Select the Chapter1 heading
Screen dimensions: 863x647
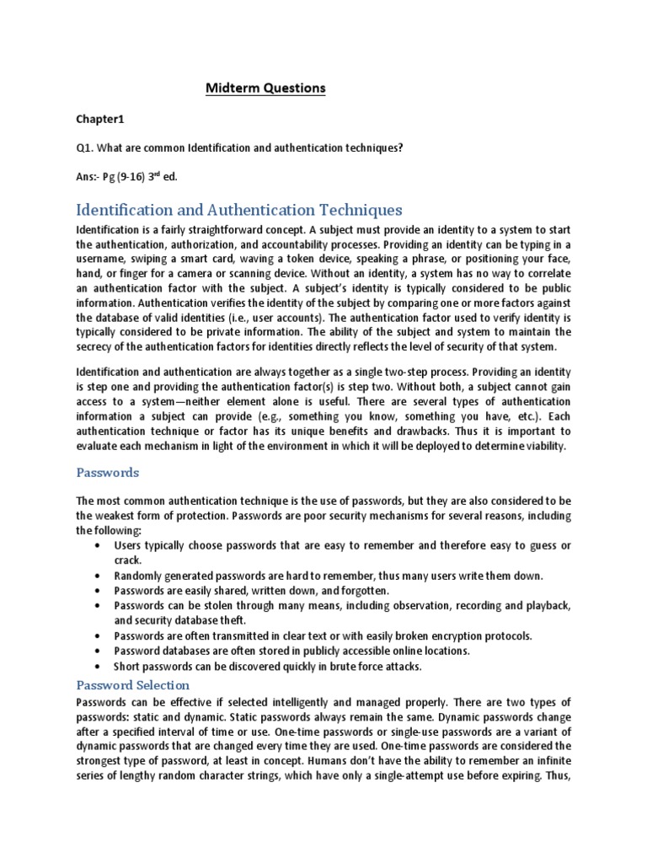click(99, 119)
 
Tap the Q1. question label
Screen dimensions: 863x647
click(85, 148)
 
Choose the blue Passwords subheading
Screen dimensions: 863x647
click(108, 473)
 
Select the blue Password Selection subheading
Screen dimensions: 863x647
click(133, 684)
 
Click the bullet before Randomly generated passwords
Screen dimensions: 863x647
click(100, 576)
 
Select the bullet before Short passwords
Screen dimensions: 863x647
click(100, 667)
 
